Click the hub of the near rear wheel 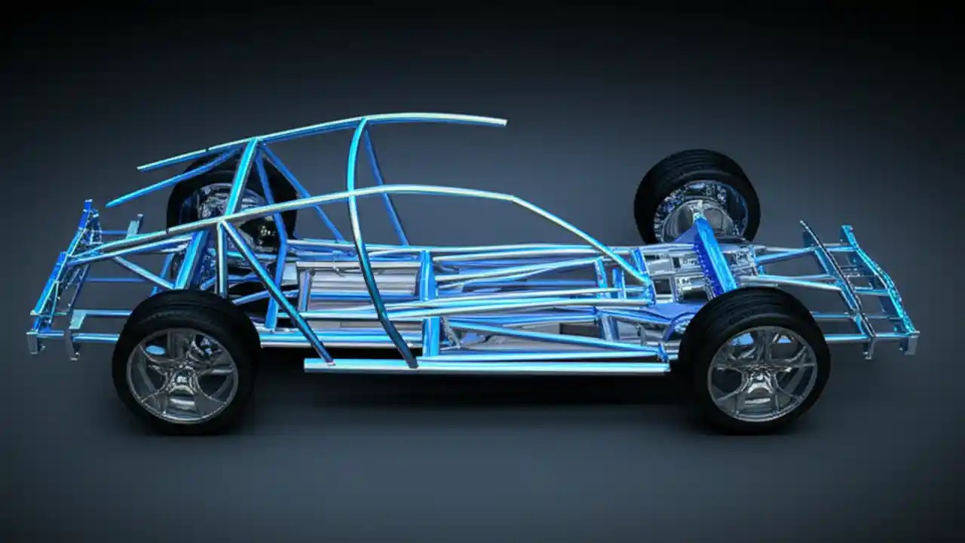pyautogui.click(x=182, y=375)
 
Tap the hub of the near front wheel pyautogui.click(x=762, y=373)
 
